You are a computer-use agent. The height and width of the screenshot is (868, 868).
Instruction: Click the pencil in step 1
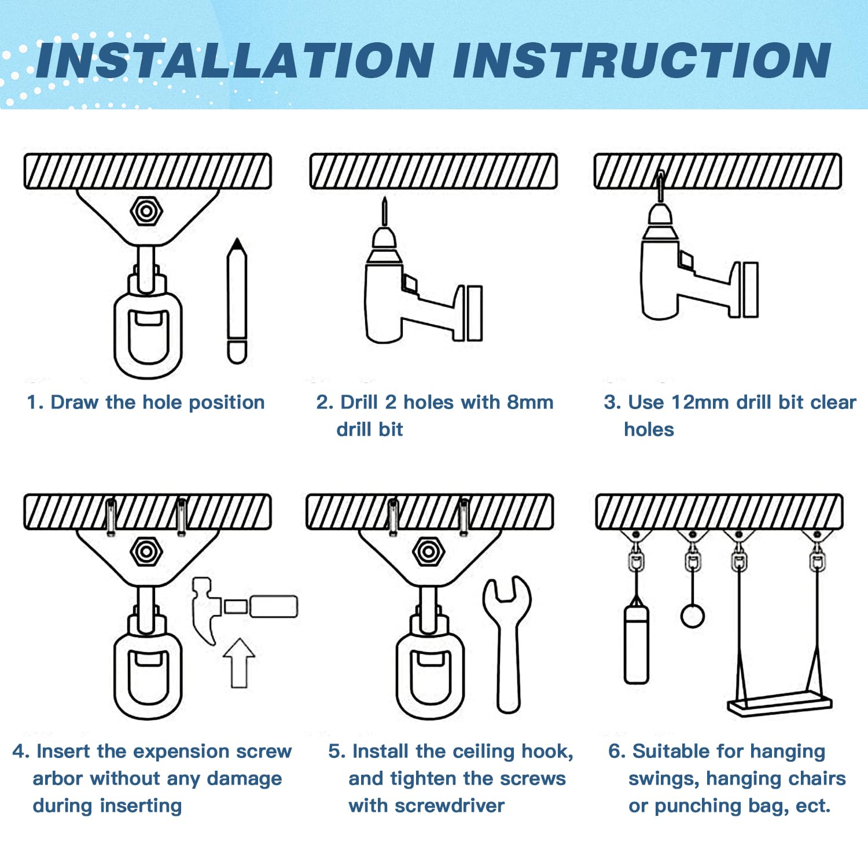[x=237, y=301]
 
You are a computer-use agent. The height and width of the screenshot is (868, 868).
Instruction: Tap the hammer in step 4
[x=243, y=608]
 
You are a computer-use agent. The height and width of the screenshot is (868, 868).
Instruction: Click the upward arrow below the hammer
[x=239, y=663]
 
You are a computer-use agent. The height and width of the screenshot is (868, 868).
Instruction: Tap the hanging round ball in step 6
[x=692, y=615]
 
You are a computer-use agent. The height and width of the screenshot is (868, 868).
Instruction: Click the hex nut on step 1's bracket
[x=146, y=212]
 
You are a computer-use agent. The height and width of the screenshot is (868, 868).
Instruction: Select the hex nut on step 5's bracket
[x=428, y=552]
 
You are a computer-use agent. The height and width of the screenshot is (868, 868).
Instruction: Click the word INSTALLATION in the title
[x=234, y=61]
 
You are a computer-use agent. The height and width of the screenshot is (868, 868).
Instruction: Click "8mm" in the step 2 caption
[x=530, y=402]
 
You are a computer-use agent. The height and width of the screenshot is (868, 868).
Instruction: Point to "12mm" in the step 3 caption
[x=701, y=402]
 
